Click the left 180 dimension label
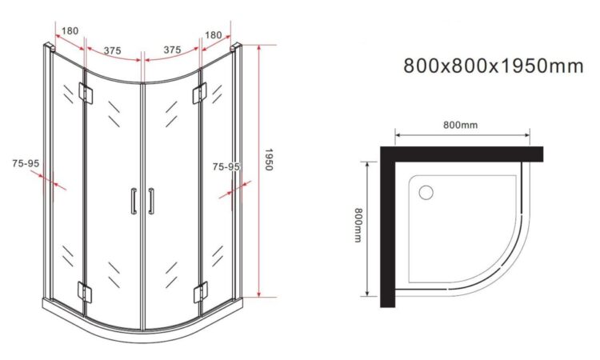coord(70,30)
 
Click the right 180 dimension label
coord(213,35)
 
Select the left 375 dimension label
coord(113,50)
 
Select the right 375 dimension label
coord(172,50)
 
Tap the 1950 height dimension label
coord(268,159)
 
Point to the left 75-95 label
coord(26,163)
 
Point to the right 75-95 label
coord(226,167)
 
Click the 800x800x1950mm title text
coord(494,66)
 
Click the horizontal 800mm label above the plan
coord(460,125)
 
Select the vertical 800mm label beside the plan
coord(358,225)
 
